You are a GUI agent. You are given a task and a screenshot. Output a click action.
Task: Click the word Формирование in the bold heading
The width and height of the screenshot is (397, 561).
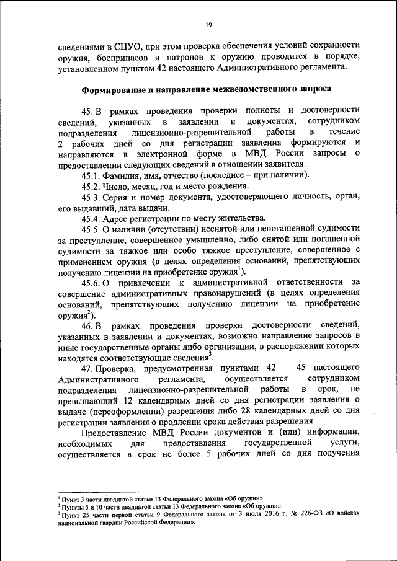pyautogui.click(x=115, y=89)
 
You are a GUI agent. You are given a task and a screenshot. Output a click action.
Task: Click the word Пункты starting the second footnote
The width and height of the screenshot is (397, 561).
pyautogui.click(x=73, y=506)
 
